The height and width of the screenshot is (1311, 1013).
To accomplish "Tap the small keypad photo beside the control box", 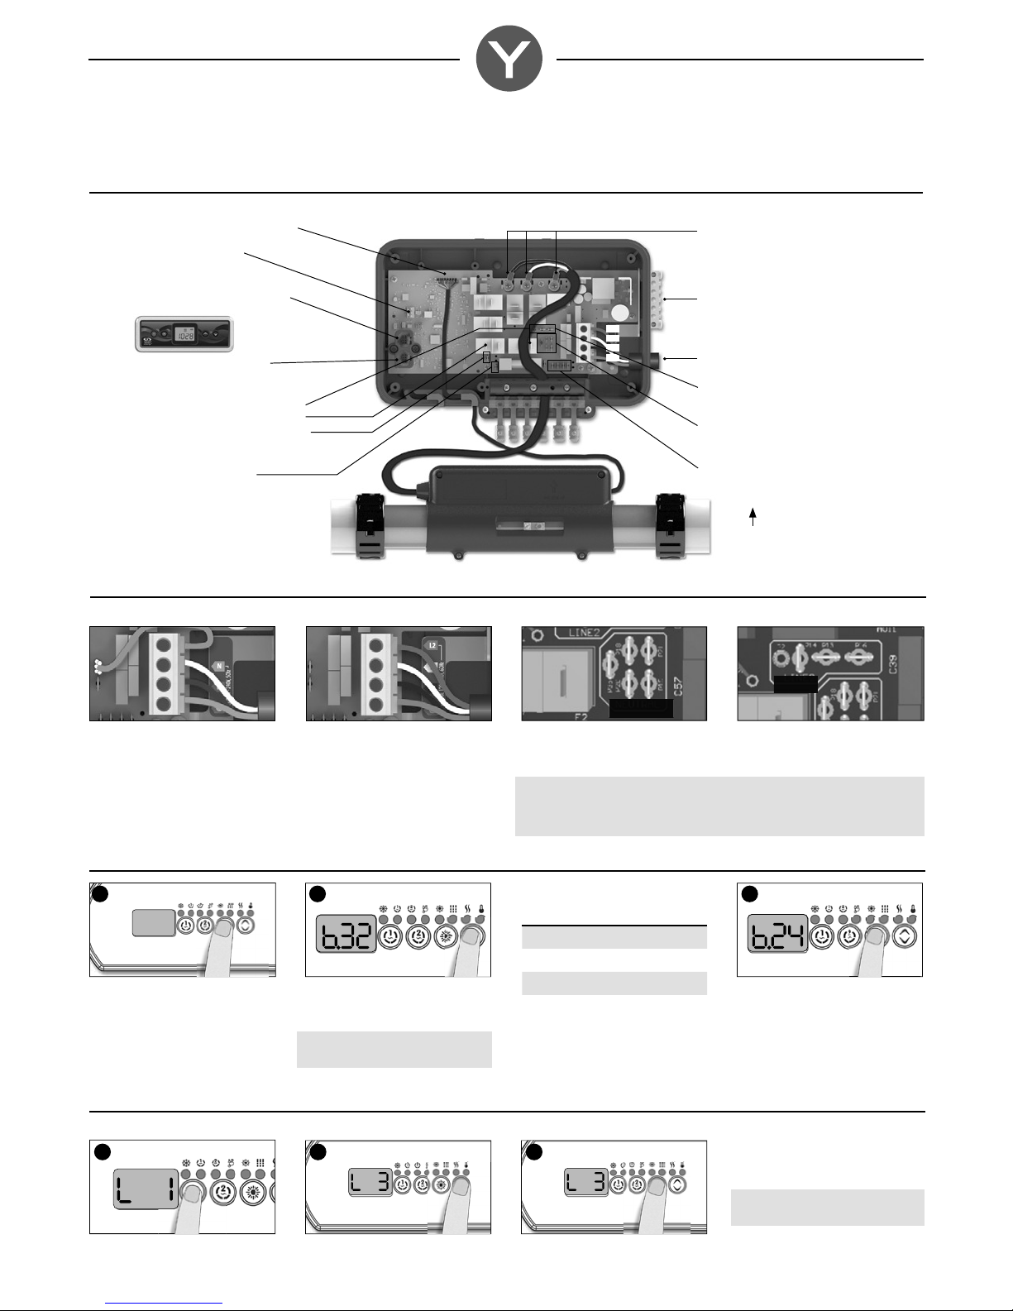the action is click(184, 334).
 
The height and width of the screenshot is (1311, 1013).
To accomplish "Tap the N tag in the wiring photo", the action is click(218, 665).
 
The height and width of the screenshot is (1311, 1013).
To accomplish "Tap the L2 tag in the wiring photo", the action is click(432, 644).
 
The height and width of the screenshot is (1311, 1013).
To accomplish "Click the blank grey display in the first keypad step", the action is click(154, 923).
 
